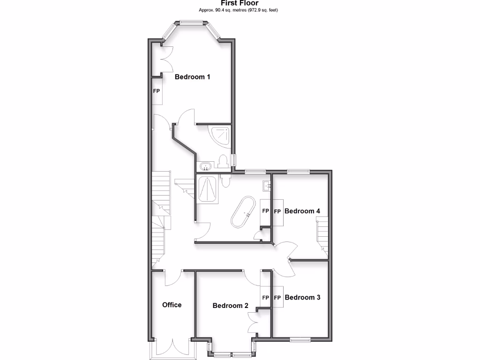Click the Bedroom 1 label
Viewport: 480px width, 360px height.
pyautogui.click(x=192, y=77)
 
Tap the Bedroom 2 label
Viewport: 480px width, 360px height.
pyautogui.click(x=230, y=306)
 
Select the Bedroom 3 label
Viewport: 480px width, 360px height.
pyautogui.click(x=302, y=297)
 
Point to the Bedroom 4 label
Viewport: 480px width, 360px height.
pyautogui.click(x=302, y=211)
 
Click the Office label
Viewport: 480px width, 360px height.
pyautogui.click(x=172, y=305)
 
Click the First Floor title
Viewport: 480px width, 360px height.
pyautogui.click(x=240, y=3)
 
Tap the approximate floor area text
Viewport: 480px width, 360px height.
pyautogui.click(x=240, y=10)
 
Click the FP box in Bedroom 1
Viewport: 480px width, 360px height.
pyautogui.click(x=157, y=91)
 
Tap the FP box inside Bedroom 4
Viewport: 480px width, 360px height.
pyautogui.click(x=277, y=211)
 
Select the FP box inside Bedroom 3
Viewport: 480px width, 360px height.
pyautogui.click(x=277, y=297)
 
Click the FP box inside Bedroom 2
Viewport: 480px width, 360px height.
pyautogui.click(x=265, y=297)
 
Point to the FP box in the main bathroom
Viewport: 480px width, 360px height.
pyautogui.click(x=265, y=211)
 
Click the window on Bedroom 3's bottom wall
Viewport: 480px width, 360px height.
pyautogui.click(x=300, y=339)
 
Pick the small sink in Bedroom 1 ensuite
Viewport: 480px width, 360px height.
pyautogui.click(x=205, y=165)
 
